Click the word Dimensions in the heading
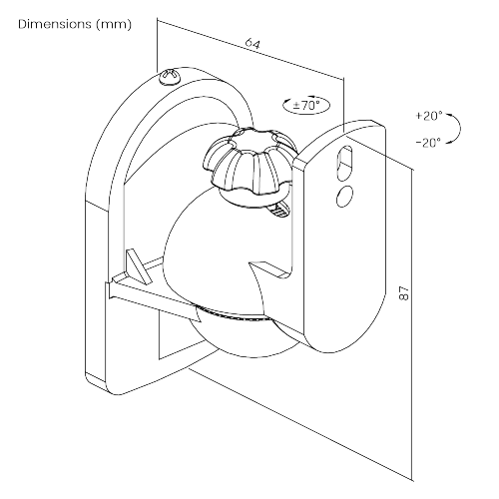[55, 24]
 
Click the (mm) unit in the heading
[114, 25]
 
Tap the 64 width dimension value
[252, 44]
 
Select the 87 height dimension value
[404, 292]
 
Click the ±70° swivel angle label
[306, 106]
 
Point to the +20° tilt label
[429, 116]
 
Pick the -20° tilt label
[429, 143]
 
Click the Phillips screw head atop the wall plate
[170, 78]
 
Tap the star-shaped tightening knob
[249, 163]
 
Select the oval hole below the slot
[344, 196]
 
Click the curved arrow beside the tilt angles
[456, 129]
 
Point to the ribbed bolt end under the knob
[278, 209]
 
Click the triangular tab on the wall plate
[138, 266]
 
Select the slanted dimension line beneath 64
[250, 49]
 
